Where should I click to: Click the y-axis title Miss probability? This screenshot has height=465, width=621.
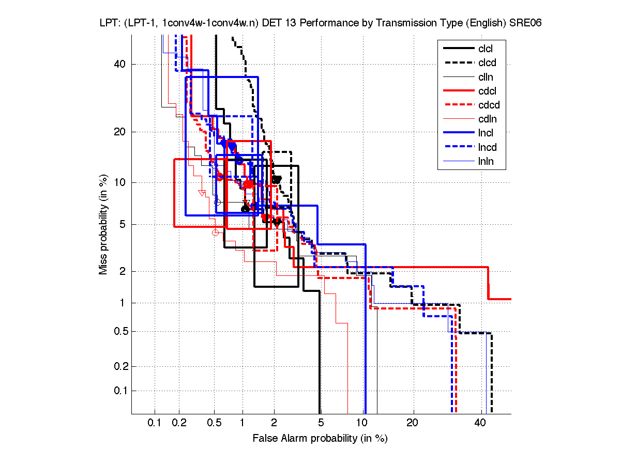pos(103,224)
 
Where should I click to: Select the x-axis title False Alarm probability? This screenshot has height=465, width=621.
pos(320,439)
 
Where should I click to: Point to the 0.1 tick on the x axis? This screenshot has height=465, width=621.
pos(155,423)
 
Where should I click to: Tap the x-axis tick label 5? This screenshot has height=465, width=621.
pos(321,423)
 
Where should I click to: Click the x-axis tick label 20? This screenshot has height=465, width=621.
pos(412,423)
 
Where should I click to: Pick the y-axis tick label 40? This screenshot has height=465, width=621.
pos(120,64)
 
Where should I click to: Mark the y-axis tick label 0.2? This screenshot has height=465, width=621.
pos(118,366)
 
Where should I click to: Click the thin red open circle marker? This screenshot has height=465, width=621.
pos(216,233)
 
